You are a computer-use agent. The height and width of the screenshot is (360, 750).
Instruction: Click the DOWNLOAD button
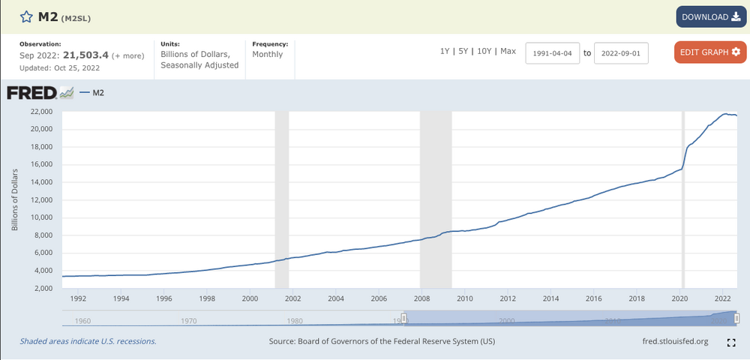710,17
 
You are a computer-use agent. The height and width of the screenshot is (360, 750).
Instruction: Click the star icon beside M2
25,16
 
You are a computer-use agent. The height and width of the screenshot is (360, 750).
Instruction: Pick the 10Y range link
484,51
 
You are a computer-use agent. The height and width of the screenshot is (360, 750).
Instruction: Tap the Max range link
508,51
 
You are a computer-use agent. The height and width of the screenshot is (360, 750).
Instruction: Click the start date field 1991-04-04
553,53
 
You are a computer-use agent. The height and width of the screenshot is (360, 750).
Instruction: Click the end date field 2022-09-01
621,53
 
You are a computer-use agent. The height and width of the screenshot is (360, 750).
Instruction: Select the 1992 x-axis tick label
78,298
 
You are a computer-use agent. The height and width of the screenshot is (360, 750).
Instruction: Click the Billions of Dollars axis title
14,199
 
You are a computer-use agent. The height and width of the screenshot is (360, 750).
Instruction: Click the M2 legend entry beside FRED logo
96,93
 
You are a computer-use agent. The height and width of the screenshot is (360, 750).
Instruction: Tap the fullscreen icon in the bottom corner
731,343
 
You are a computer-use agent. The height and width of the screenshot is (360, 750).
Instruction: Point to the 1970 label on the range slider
188,321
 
